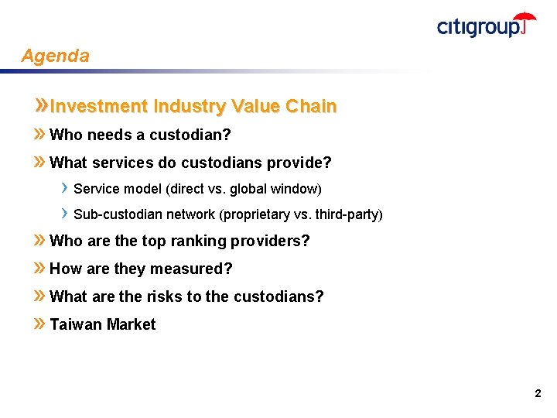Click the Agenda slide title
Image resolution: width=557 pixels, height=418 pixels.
click(x=55, y=56)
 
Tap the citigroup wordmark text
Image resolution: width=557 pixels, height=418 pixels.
click(x=477, y=27)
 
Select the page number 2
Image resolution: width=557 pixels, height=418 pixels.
click(x=538, y=394)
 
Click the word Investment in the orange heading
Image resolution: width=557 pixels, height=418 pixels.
click(x=98, y=106)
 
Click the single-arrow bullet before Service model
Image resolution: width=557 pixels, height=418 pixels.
click(x=66, y=188)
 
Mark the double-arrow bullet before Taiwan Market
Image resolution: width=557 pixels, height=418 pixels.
click(x=39, y=324)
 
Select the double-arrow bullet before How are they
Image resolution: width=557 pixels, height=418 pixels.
click(x=39, y=268)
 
